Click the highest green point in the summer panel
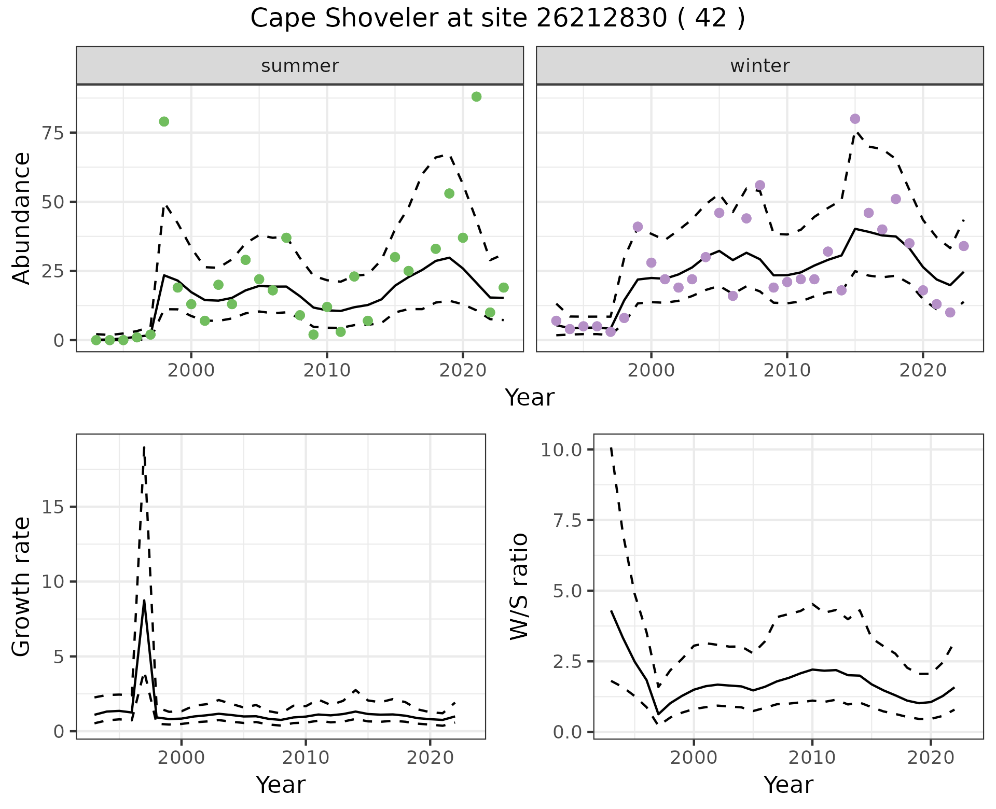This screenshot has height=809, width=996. [x=476, y=96]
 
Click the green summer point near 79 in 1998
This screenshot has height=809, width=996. [x=164, y=121]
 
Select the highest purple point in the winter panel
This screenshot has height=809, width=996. [x=855, y=119]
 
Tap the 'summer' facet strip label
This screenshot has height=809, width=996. [x=300, y=66]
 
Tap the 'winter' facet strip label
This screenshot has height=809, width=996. [x=760, y=66]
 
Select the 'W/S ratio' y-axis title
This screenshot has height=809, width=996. [x=519, y=586]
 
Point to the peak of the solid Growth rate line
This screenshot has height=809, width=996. [x=144, y=600]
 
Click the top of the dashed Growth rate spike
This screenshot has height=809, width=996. [x=144, y=447]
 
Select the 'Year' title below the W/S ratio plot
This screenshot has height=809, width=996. [x=788, y=785]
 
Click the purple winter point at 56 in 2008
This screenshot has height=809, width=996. [x=760, y=185]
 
